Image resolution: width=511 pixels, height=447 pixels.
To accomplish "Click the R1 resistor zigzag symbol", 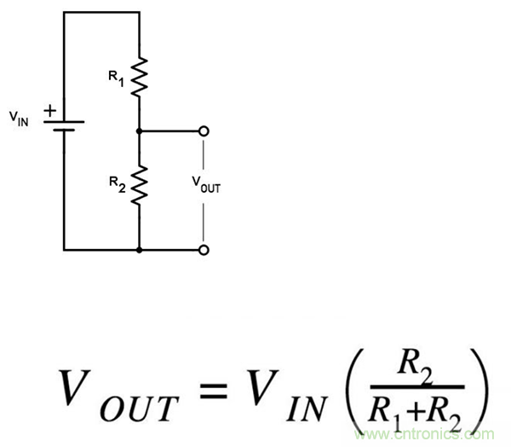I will click(138, 76).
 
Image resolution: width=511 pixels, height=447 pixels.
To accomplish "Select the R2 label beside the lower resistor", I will click(115, 183).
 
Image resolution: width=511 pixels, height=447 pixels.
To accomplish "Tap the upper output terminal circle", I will click(204, 131).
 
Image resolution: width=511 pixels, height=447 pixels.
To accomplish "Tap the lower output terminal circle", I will click(204, 250).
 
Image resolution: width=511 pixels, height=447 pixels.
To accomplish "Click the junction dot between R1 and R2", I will click(138, 131).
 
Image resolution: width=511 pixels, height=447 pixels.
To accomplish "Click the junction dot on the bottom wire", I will click(138, 250).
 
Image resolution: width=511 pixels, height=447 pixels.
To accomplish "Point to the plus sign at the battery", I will click(49, 110).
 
